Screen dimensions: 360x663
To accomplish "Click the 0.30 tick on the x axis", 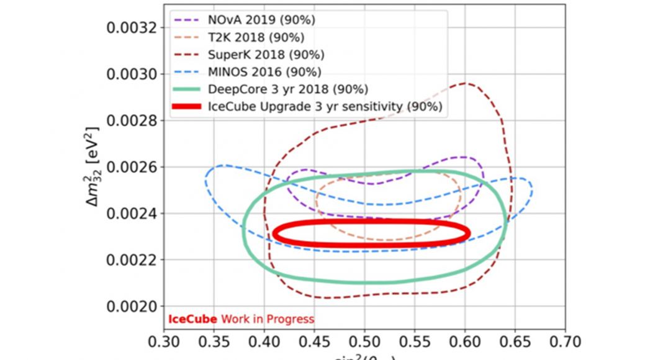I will (164, 342).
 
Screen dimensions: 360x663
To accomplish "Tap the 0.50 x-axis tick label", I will (364, 342).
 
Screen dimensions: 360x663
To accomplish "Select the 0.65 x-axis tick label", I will (515, 342).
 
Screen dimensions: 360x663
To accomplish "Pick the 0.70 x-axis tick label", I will (565, 342).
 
